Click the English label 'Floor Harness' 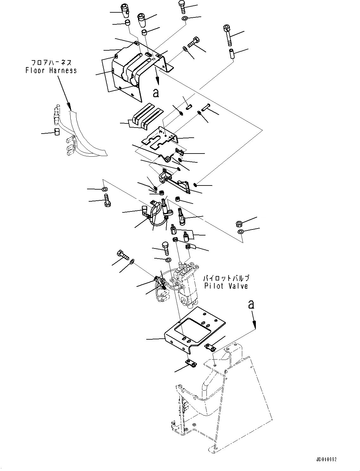(51, 70)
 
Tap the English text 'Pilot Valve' (226, 286)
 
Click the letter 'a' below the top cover (155, 92)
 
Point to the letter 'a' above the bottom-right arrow (251, 305)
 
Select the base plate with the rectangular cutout (195, 329)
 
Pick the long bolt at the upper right (229, 35)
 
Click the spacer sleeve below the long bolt (231, 53)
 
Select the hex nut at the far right (240, 224)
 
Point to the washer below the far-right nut (241, 232)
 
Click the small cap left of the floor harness (57, 132)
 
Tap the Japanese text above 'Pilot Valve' (226, 279)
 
